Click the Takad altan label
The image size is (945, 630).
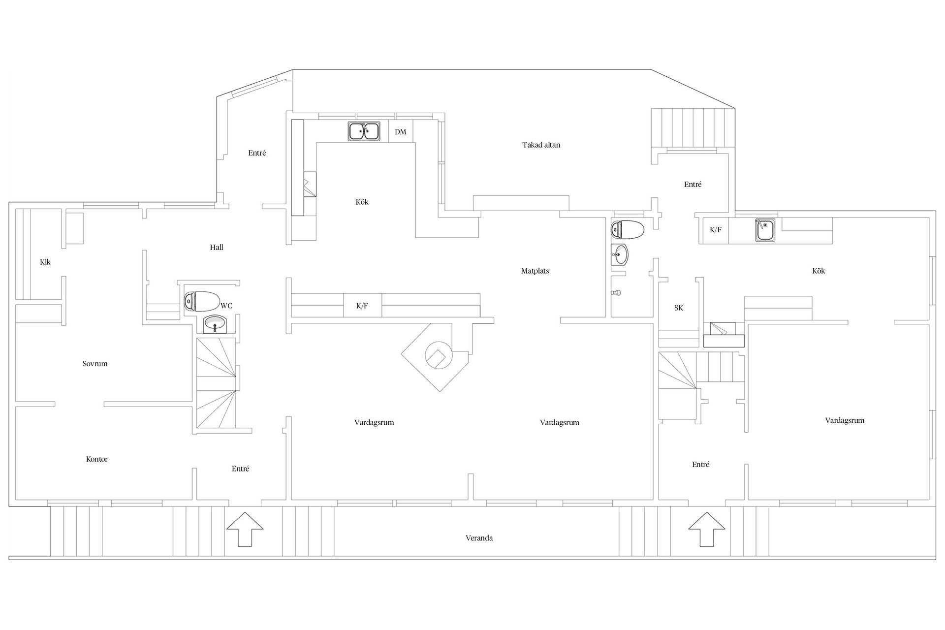click(541, 145)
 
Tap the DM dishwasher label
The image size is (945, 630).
click(401, 132)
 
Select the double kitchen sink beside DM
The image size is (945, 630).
click(364, 131)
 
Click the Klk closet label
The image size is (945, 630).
click(45, 262)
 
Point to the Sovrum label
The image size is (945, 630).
click(95, 364)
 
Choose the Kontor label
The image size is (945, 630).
click(97, 459)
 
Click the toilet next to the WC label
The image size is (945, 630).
click(202, 301)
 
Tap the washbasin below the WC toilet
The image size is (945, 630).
click(215, 324)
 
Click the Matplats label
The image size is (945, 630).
click(535, 271)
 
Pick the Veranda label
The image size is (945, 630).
click(479, 538)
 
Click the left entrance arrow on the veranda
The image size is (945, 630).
click(245, 529)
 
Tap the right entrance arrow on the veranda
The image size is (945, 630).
click(706, 529)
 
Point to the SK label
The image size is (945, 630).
click(679, 308)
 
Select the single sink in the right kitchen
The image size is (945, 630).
click(765, 230)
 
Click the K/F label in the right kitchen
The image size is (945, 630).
click(716, 229)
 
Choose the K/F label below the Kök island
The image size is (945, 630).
click(362, 306)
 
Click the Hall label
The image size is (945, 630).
click(217, 247)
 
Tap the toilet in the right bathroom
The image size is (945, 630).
click(628, 229)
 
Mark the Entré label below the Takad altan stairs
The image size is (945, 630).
click(693, 184)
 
